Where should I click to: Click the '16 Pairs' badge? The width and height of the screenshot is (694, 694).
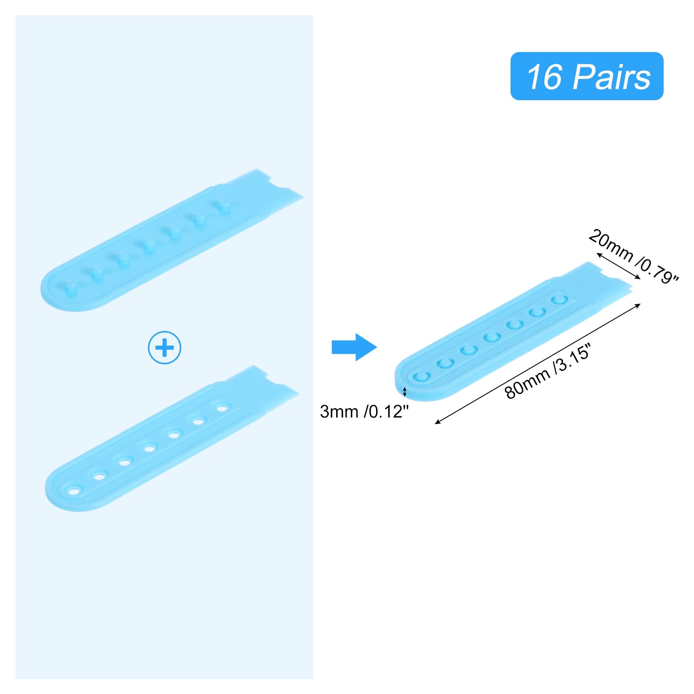[x=586, y=76]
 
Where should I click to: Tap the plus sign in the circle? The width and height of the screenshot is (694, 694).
[x=164, y=347]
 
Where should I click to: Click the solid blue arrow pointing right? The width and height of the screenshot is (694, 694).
[x=354, y=347]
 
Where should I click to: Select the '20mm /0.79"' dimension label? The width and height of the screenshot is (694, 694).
[x=633, y=256]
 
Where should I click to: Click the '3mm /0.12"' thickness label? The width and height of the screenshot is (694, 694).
[x=364, y=412]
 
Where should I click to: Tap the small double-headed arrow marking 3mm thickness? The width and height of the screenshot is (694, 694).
[x=405, y=392]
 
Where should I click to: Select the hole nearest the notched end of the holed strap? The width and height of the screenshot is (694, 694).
[x=222, y=408]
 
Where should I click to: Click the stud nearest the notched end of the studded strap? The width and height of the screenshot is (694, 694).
[x=223, y=204]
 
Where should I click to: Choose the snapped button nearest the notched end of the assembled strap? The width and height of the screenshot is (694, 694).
[x=559, y=299]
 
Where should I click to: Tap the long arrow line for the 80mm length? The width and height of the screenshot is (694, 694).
[x=538, y=363]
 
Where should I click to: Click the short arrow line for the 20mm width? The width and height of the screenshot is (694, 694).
[x=619, y=266]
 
